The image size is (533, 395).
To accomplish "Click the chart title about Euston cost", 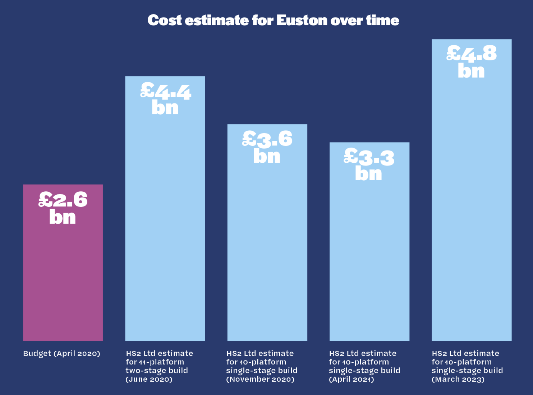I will pos(273,20).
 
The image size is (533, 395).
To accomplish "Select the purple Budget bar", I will pos(63,280).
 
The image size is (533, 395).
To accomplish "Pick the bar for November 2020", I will pos(267,251).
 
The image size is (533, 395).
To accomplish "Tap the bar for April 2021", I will pos(369,259).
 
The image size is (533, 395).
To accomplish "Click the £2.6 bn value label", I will pos(63,208).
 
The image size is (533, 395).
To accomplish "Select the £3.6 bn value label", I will pos(267,148).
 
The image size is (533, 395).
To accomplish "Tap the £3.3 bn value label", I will pos(369,165).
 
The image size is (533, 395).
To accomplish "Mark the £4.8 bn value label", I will pos(471,62).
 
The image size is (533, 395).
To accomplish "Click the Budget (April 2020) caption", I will pos(61,353).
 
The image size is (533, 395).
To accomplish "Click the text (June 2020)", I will pos(149,379).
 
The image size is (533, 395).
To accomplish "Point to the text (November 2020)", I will pos(260,379).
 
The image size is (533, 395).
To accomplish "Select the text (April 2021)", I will pos(351,379).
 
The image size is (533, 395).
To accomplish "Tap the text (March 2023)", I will pos(458,379).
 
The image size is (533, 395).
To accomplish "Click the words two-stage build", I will pos(157,371).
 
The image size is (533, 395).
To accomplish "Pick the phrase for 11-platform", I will pos(155,362).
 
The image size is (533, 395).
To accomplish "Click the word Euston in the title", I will pos(302,20).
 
